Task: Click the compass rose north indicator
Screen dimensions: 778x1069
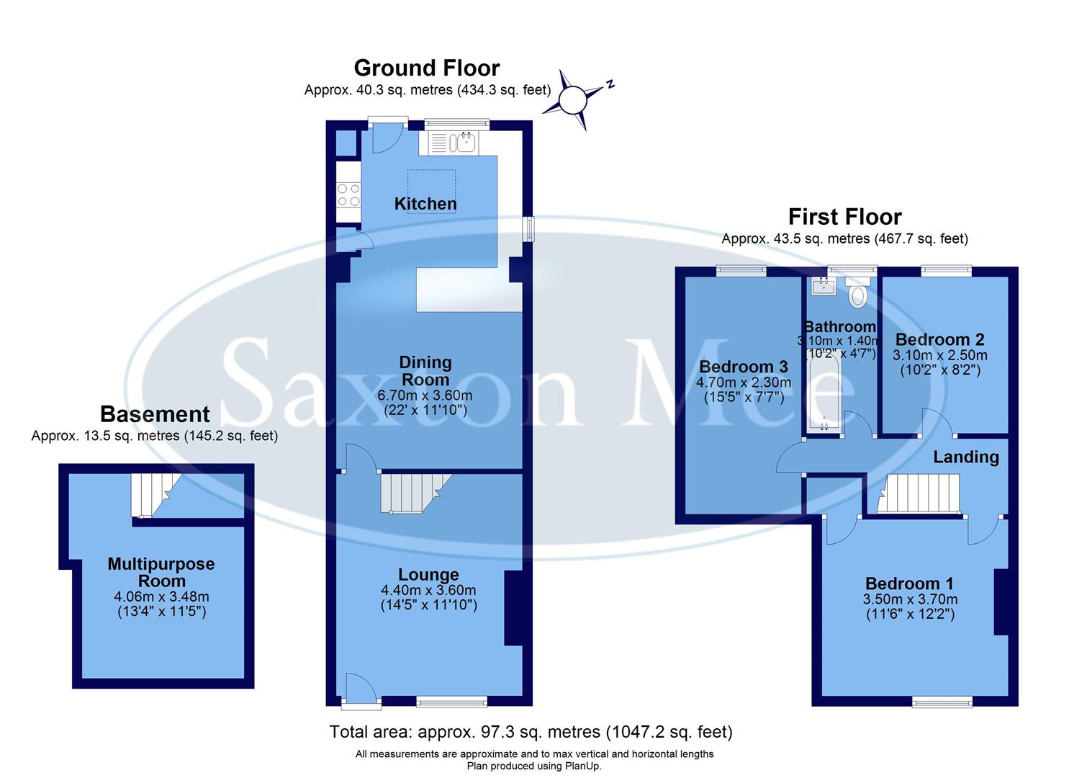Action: click(574, 100)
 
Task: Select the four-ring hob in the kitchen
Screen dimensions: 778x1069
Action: click(349, 194)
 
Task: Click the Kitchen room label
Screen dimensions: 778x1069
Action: click(425, 204)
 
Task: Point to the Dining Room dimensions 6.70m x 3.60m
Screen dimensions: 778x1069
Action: click(425, 395)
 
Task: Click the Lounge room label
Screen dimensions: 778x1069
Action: click(428, 574)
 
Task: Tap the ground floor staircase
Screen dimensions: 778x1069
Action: click(414, 493)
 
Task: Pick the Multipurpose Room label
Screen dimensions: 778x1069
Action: click(161, 572)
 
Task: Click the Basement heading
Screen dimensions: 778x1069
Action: click(155, 414)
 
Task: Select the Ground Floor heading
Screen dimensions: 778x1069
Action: click(426, 68)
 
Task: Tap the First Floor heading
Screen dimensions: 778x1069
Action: click(844, 217)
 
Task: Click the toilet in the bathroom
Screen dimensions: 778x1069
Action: click(858, 294)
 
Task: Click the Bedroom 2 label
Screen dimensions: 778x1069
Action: click(939, 339)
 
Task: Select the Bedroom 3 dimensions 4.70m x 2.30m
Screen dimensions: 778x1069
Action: click(744, 383)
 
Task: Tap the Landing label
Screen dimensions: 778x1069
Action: click(966, 457)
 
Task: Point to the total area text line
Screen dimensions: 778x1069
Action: click(531, 732)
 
